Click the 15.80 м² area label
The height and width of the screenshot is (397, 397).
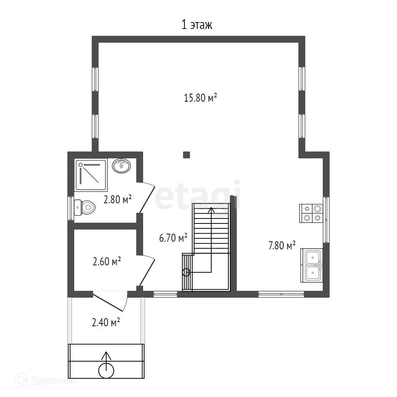(x=201, y=98)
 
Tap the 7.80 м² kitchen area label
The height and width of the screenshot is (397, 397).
(x=282, y=246)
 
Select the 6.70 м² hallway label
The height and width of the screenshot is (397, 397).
(x=173, y=238)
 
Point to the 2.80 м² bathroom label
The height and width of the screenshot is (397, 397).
(x=118, y=199)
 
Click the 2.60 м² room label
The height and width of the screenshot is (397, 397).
(x=107, y=261)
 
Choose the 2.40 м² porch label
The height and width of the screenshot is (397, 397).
(x=105, y=322)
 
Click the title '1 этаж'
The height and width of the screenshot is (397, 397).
(x=197, y=25)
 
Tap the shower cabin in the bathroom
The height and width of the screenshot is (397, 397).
(x=91, y=175)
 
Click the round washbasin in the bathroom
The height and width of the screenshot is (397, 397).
(x=121, y=166)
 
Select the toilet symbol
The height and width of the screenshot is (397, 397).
(x=85, y=207)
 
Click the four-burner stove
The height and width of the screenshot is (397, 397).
(x=311, y=213)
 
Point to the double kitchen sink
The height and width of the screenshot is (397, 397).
(x=312, y=265)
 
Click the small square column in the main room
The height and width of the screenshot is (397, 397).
(x=187, y=155)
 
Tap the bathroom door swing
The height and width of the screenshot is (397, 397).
(x=146, y=198)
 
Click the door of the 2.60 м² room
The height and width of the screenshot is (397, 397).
(x=146, y=270)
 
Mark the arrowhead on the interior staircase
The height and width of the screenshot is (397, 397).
(x=211, y=210)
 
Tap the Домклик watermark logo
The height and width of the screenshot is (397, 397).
(x=46, y=380)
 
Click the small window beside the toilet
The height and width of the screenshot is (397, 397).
(x=71, y=208)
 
